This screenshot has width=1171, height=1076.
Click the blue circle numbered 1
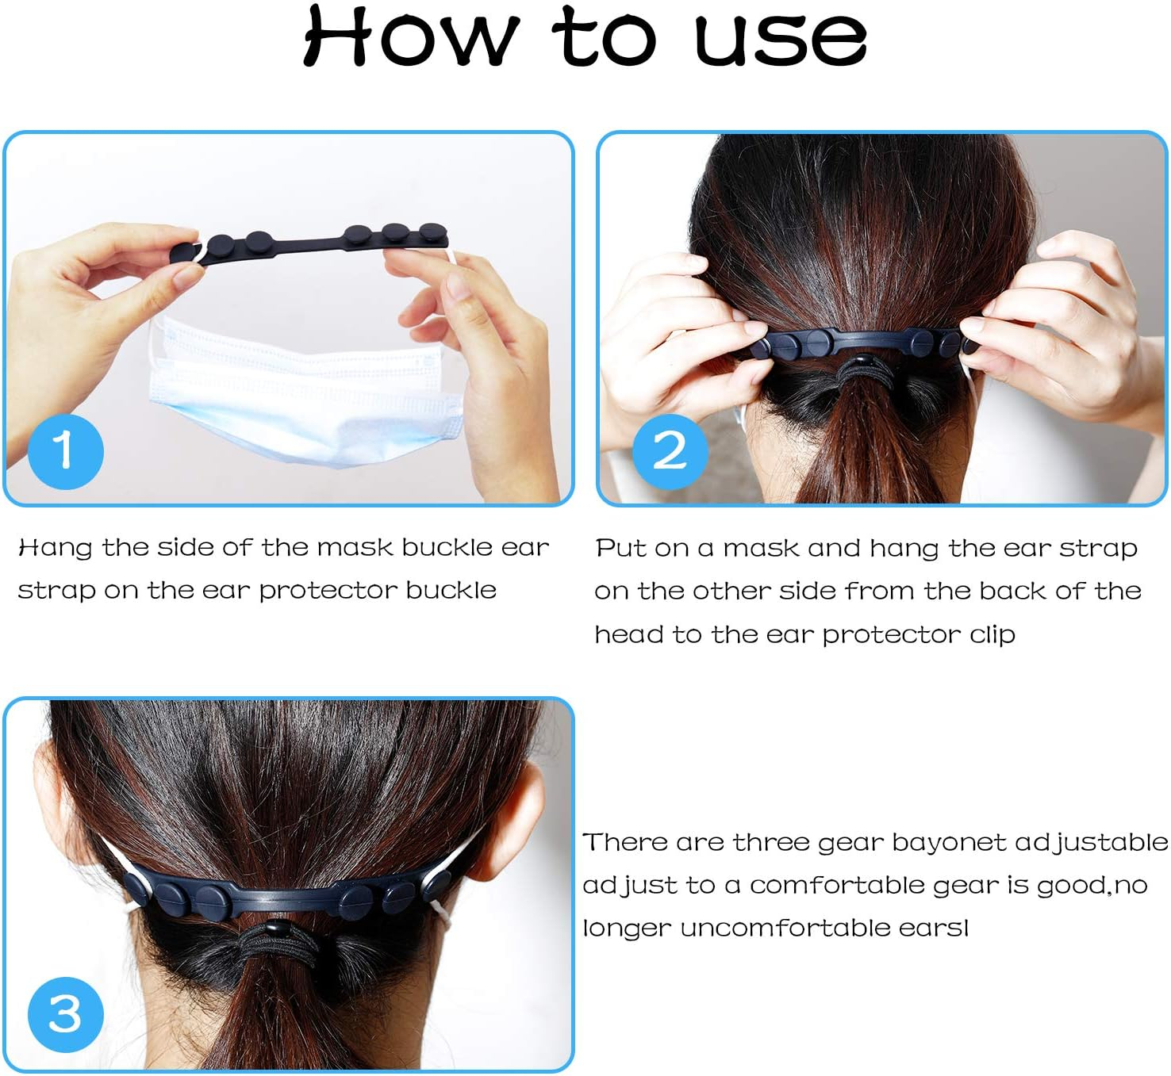click(65, 450)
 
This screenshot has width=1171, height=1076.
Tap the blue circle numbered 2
click(670, 450)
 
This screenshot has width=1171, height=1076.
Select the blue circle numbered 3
click(65, 1014)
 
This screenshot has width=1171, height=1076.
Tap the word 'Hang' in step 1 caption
click(55, 549)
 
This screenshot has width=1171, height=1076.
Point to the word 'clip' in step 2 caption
click(992, 635)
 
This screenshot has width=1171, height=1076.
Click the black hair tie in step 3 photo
click(274, 944)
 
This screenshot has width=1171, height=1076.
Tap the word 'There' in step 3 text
click(625, 843)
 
